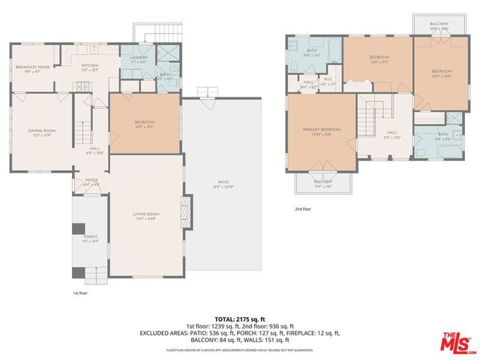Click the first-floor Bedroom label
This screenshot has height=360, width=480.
tap(144, 123)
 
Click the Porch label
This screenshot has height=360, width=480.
tap(91, 238)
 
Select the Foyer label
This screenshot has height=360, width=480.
tap(91, 181)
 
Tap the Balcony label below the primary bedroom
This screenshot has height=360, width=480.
tap(322, 182)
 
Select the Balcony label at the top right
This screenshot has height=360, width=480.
tap(439, 24)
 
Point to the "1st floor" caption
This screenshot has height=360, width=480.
tap(80, 293)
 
